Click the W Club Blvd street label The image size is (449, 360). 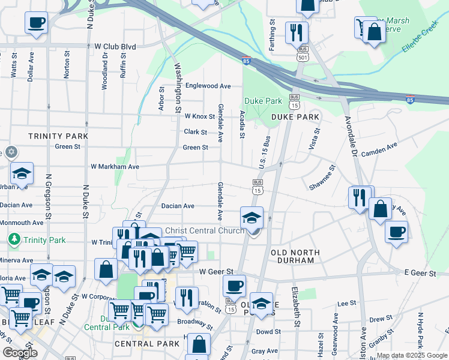[x=115, y=46]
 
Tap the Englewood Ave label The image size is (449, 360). [x=208, y=86]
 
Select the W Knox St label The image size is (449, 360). [x=200, y=116]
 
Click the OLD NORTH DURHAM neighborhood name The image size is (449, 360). [x=295, y=256]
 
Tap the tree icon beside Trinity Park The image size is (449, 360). [x=14, y=240]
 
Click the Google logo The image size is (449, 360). [x=19, y=353]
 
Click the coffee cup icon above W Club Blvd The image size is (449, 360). [x=36, y=23]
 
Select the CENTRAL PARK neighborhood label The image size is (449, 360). [x=147, y=344]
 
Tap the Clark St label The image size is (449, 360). [x=196, y=132]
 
